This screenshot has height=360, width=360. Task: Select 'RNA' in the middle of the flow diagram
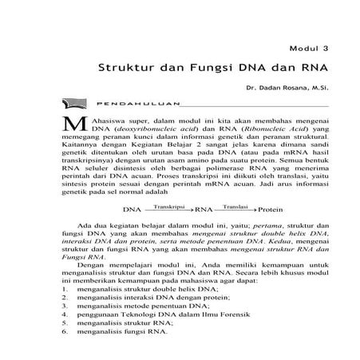(204, 210)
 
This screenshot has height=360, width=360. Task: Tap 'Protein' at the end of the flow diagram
(272, 210)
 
